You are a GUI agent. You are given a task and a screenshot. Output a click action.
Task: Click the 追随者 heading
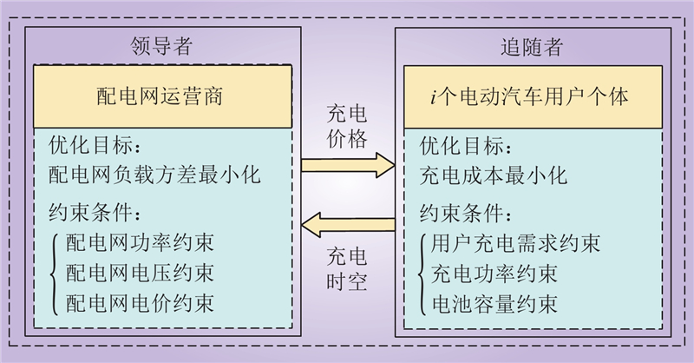point(532,45)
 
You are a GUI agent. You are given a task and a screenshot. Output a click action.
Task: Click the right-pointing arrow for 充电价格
point(347,162)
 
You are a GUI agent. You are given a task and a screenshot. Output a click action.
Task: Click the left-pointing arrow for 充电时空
point(347,227)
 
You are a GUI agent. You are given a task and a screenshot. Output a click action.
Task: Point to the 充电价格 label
point(347,125)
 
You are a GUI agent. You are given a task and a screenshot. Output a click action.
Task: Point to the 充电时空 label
point(347,268)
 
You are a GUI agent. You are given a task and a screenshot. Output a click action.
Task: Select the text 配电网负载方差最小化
point(156,175)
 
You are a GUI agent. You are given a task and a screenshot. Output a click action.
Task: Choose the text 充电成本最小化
point(493,175)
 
